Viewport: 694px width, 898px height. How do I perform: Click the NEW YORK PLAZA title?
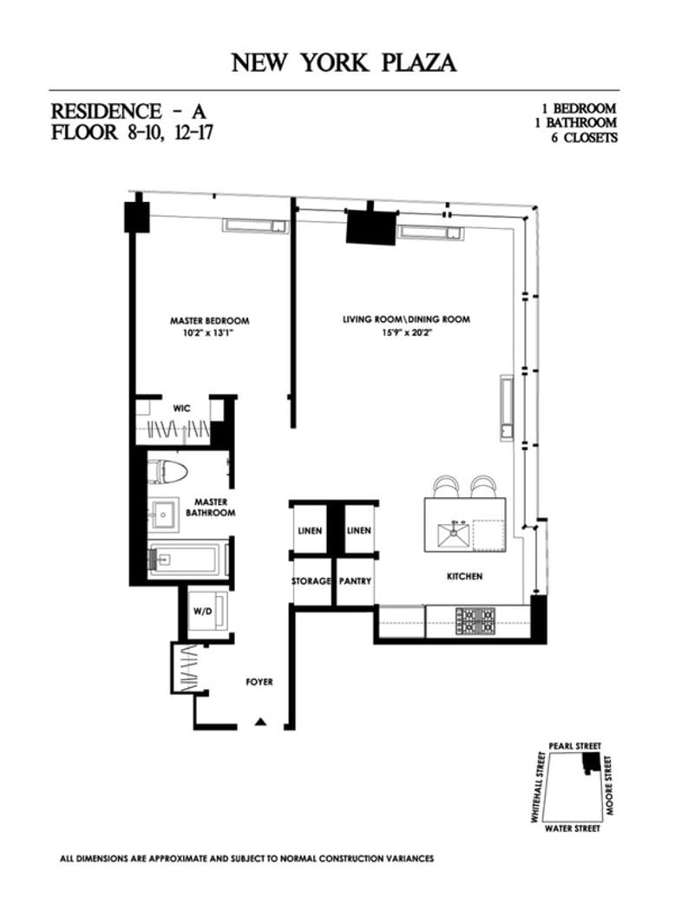[x=344, y=63]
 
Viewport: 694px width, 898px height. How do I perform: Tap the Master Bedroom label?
[x=209, y=320]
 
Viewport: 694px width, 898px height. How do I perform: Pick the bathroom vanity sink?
[x=163, y=514]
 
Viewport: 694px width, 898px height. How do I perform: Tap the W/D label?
[x=200, y=612]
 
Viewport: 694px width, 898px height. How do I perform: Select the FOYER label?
[x=259, y=682]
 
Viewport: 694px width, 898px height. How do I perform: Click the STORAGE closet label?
[x=311, y=580]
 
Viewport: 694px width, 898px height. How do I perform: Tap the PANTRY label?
[x=355, y=580]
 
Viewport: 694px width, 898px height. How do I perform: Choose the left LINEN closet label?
[x=311, y=530]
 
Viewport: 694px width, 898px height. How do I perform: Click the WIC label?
[x=181, y=407]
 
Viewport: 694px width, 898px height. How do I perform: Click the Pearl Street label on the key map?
[x=573, y=746]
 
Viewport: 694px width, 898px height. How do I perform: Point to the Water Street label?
[x=572, y=829]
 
